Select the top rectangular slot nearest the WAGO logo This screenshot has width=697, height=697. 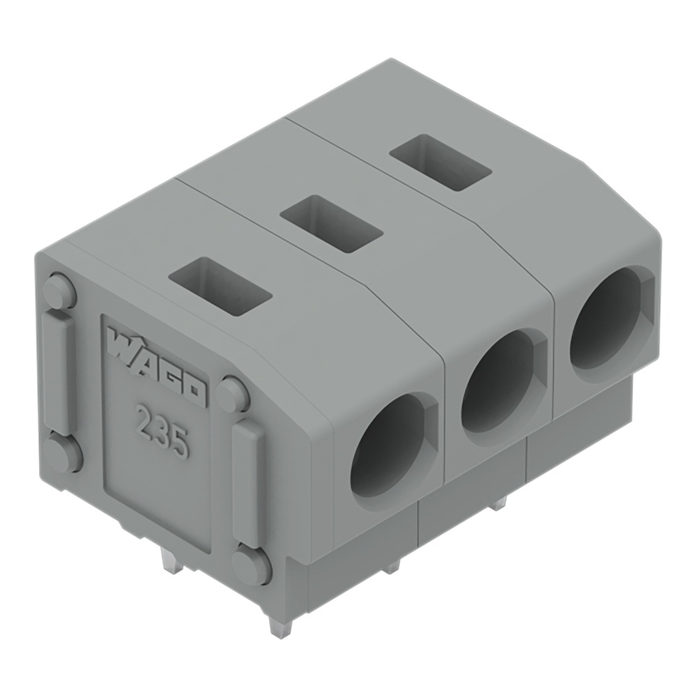[x=220, y=286]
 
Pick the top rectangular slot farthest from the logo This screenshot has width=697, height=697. [x=439, y=164]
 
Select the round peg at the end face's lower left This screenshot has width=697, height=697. [x=63, y=454]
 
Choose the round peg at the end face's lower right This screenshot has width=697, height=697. [x=251, y=565]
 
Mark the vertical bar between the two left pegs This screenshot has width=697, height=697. [x=59, y=373]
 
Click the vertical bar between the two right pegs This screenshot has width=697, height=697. [x=247, y=482]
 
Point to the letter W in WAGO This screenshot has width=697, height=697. [x=123, y=344]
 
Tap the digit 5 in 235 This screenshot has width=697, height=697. [x=178, y=443]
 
